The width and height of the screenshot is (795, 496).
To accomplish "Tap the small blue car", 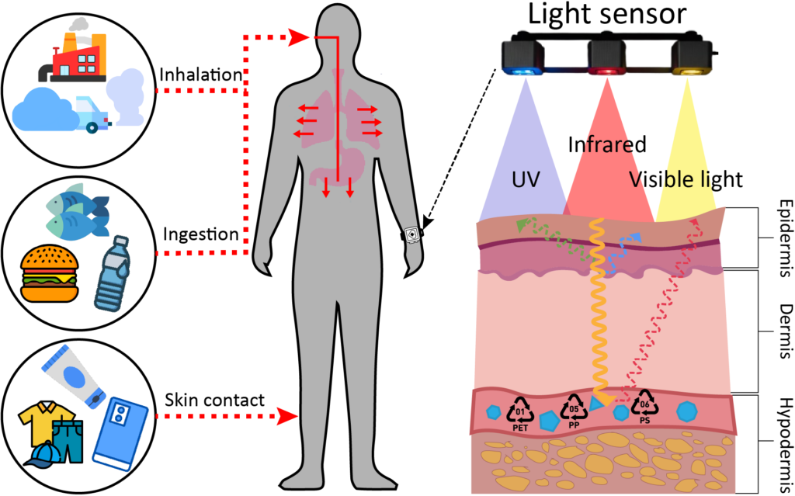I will coord(94,113).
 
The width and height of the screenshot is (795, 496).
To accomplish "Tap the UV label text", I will coord(526,179).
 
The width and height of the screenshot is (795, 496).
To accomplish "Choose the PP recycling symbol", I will coord(575,409).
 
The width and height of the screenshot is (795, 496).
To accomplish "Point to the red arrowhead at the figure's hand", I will coord(290,417).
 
